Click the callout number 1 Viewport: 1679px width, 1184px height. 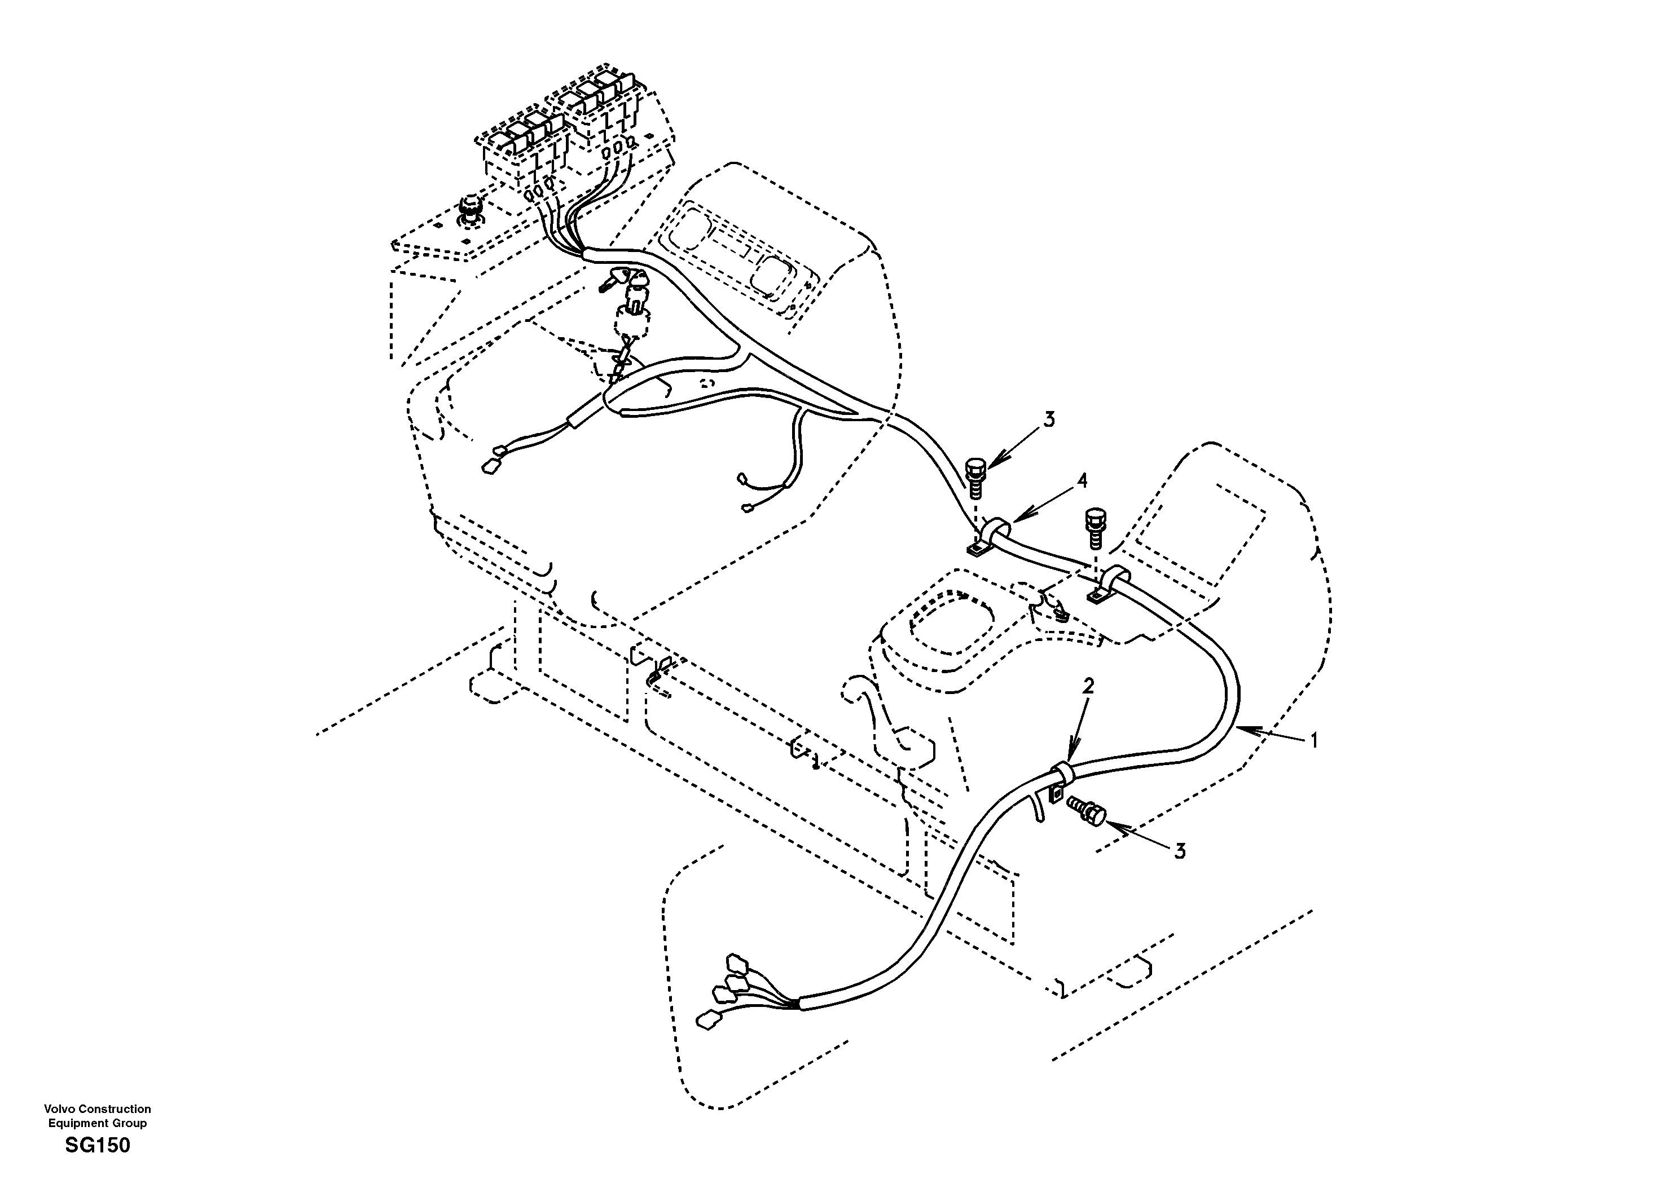pyautogui.click(x=1313, y=741)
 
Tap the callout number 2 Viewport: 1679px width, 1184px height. pyautogui.click(x=1088, y=686)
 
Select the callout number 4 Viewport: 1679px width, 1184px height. pyautogui.click(x=1082, y=481)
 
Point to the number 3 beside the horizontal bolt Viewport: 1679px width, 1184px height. pyautogui.click(x=1180, y=851)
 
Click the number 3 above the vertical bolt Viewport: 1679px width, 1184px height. pyautogui.click(x=1049, y=419)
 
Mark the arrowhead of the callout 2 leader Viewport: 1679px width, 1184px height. pyautogui.click(x=1071, y=759)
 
